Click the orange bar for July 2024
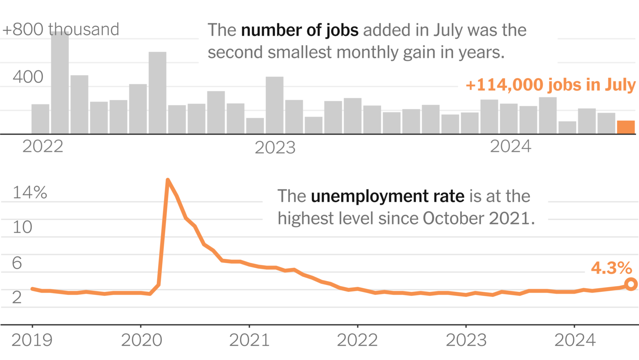tap(626, 127)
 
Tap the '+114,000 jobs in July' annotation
tap(550, 85)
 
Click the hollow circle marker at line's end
tap(631, 284)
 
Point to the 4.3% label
tap(611, 268)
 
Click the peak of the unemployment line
tap(167, 180)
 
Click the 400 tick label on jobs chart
tap(28, 77)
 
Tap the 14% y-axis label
tap(30, 192)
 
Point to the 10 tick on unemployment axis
tap(22, 227)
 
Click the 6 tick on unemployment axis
tap(17, 263)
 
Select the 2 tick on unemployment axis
tap(17, 297)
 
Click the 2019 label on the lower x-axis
tap(32, 340)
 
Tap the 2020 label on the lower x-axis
tap(141, 340)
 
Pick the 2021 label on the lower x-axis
tap(249, 340)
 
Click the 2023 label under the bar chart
tap(275, 148)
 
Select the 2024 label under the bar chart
tap(510, 146)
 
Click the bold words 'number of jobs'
tap(300, 30)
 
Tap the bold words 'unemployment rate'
tap(387, 196)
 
